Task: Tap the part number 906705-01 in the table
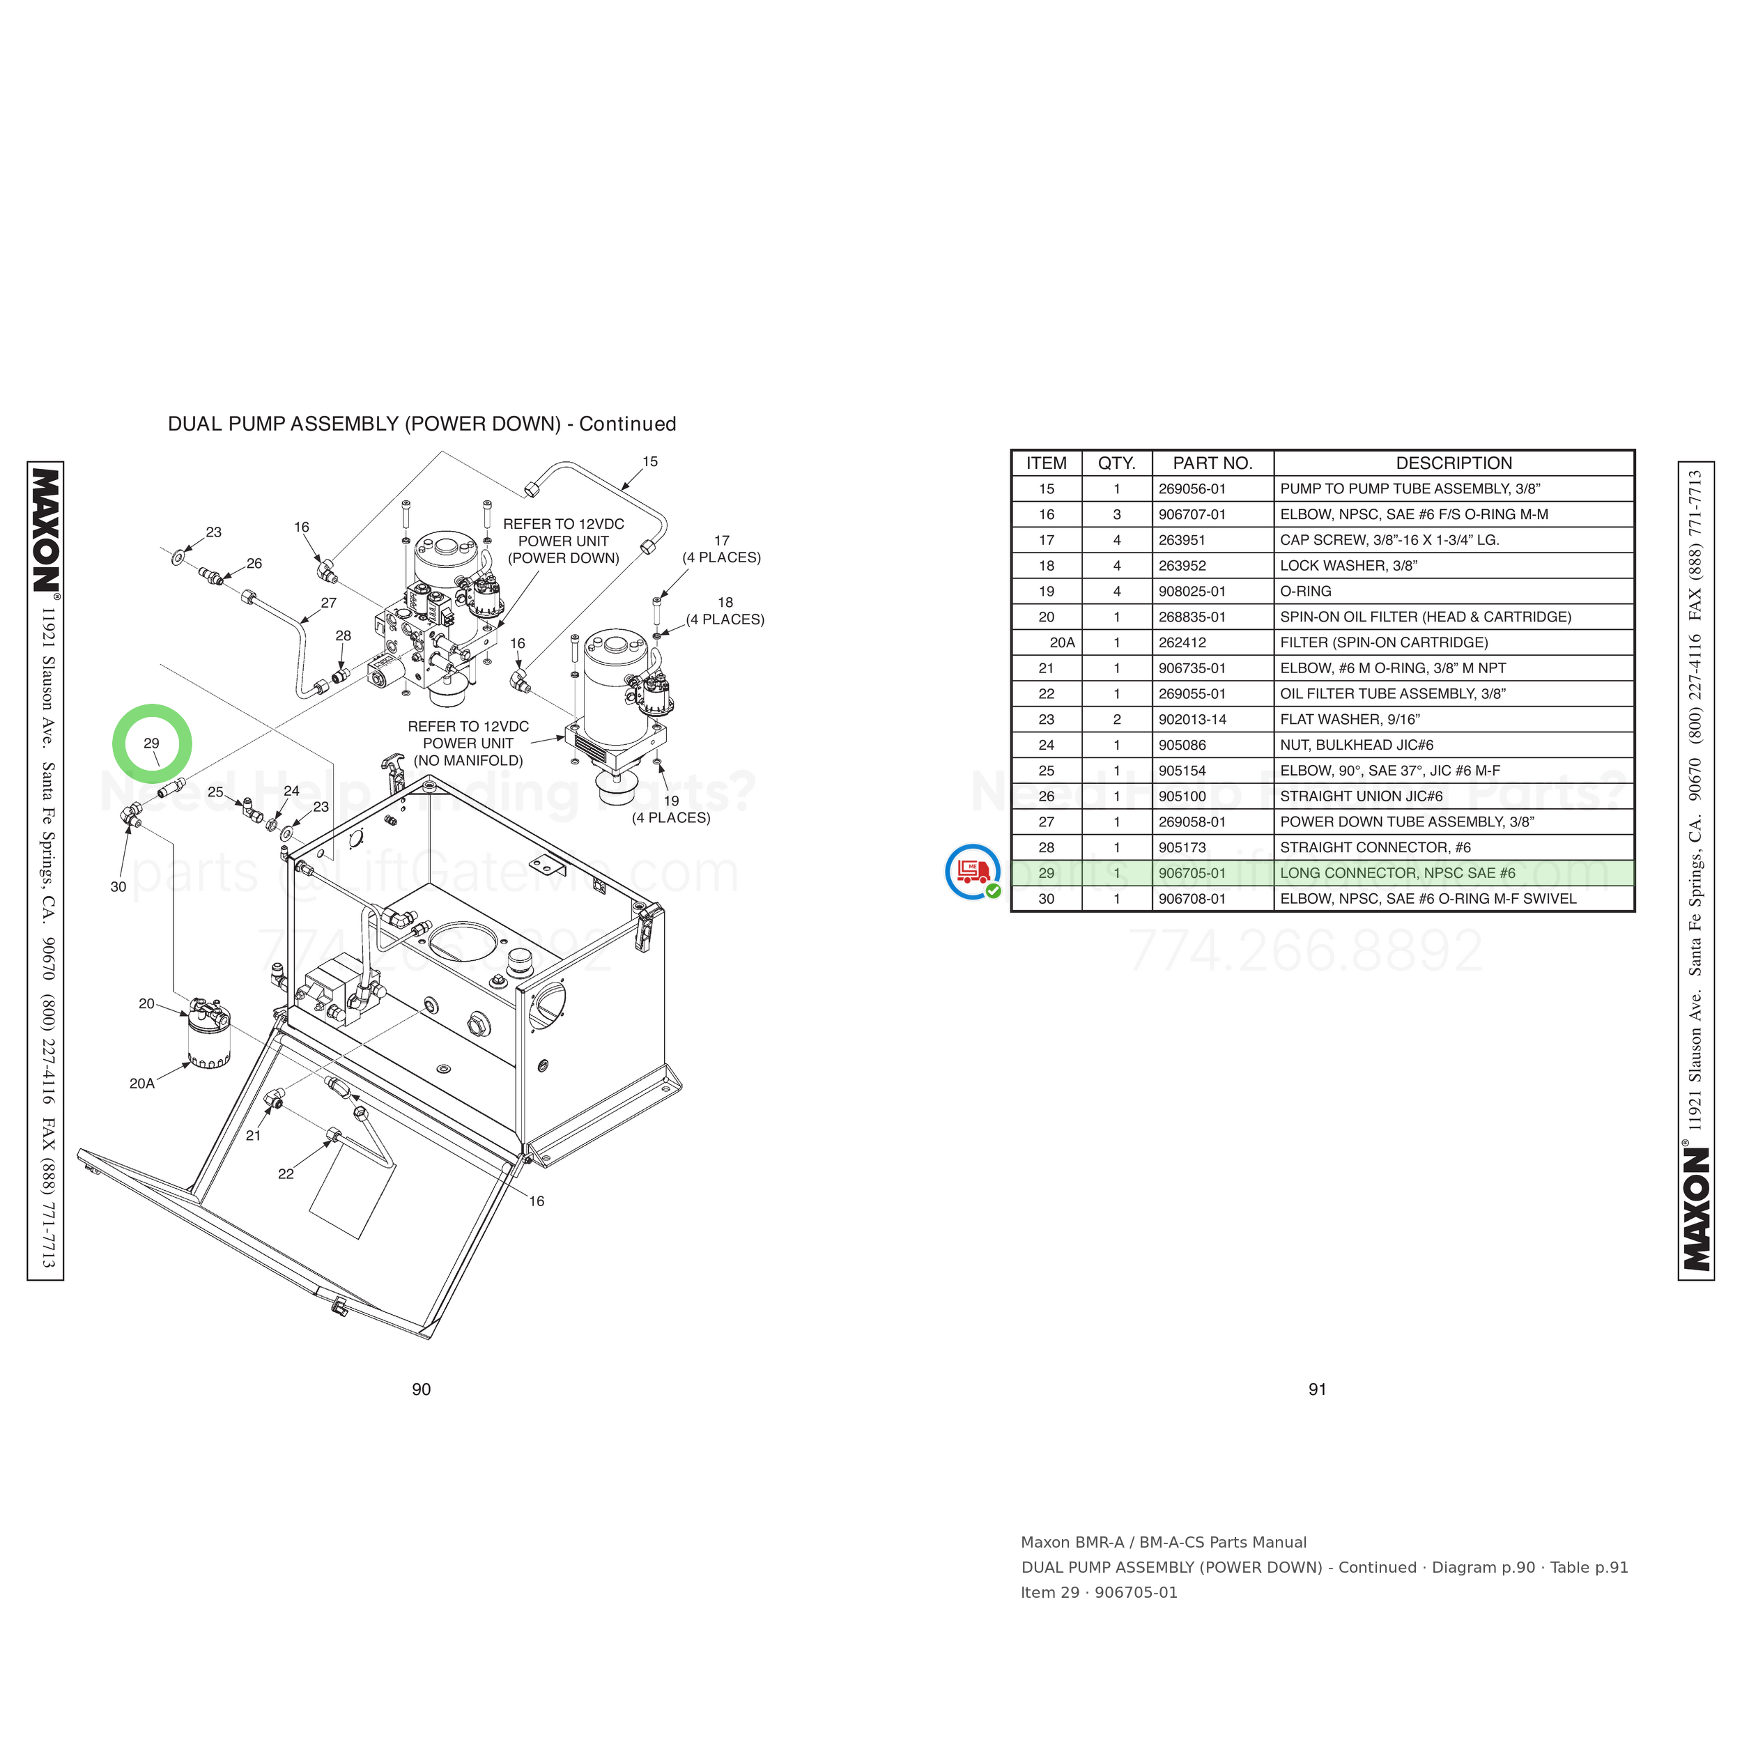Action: tap(1192, 873)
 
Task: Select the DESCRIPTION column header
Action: tap(1454, 463)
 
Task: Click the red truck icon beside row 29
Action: tap(973, 871)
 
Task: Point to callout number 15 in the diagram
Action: tap(650, 462)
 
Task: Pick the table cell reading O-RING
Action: tap(1306, 592)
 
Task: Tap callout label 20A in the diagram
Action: tap(142, 1084)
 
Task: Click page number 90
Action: tap(421, 1389)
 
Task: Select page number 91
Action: tap(1318, 1389)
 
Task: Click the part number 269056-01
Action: tap(1192, 488)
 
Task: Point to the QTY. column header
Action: tap(1116, 463)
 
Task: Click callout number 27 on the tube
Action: tap(328, 602)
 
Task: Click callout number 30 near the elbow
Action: tap(118, 887)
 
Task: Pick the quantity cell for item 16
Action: tap(1116, 515)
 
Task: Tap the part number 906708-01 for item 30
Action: tap(1192, 899)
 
